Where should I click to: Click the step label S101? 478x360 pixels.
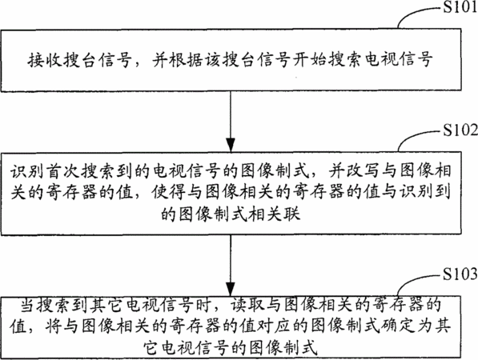pyautogui.click(x=460, y=6)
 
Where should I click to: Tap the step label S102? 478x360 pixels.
pyautogui.click(x=460, y=130)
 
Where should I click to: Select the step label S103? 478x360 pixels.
pyautogui.click(x=460, y=274)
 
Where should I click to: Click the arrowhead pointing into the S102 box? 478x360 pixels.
pyautogui.click(x=231, y=145)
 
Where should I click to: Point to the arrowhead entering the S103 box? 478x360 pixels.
pyautogui.click(x=231, y=289)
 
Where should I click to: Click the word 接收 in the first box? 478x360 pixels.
pyautogui.click(x=45, y=60)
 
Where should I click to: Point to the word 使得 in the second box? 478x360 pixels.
pyautogui.click(x=169, y=192)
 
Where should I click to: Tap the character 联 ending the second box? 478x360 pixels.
pyautogui.click(x=292, y=213)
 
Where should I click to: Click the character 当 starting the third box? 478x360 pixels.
pyautogui.click(x=28, y=306)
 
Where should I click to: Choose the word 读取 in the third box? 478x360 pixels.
pyautogui.click(x=247, y=306)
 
